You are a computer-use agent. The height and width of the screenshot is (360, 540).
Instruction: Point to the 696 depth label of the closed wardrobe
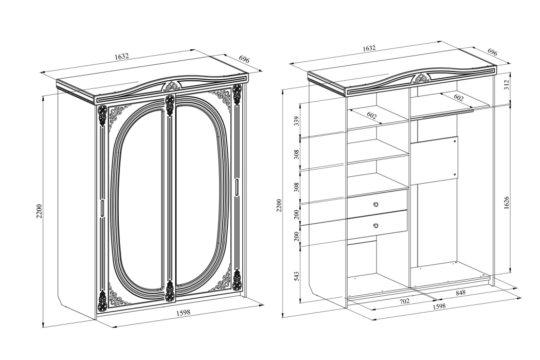coord(244,60)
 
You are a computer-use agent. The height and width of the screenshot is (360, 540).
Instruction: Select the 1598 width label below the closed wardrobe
coord(183,313)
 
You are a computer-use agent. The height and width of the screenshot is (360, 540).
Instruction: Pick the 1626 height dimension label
coord(506,203)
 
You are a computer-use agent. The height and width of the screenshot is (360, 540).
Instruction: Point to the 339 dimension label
coord(297,121)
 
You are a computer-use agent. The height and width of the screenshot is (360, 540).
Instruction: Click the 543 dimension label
coord(297,277)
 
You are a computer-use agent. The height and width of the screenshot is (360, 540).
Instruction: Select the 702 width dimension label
coord(404,301)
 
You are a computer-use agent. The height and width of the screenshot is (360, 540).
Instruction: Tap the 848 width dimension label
coord(460,293)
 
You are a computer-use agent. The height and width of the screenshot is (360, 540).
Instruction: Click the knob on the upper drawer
coord(376,205)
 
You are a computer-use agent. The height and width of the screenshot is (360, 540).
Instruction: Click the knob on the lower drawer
coord(376,226)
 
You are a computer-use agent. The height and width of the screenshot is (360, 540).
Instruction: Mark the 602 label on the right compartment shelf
coord(458,98)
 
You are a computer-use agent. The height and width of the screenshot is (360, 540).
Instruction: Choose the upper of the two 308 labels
coord(297,155)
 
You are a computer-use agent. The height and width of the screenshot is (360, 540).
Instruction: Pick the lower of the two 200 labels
coord(297,237)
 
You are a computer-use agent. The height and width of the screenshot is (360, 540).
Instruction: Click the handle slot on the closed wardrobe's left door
coord(103,209)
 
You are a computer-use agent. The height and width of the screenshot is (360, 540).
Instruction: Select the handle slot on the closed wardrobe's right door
coord(238,187)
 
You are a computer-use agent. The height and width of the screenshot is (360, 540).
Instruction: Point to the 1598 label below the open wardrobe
coord(439,306)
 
